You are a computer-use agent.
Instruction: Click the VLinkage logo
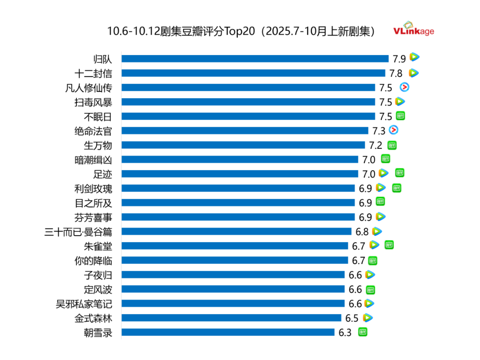(413, 29)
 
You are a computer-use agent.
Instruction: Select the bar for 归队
(255, 59)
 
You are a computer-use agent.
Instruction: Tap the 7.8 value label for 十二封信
(396, 73)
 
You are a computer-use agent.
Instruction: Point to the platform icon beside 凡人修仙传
(404, 87)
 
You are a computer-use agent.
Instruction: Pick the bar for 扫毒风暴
(248, 102)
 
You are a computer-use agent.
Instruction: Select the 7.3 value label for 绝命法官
(379, 131)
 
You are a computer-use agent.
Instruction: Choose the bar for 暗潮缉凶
(240, 160)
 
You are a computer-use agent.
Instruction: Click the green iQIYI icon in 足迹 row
(400, 173)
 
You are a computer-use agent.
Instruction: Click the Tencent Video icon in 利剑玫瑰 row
(381, 188)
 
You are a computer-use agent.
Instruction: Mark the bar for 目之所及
(238, 203)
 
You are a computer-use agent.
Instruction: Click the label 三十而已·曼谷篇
(79, 232)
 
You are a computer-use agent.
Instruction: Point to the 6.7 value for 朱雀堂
(359, 246)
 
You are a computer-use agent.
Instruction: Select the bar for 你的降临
(235, 260)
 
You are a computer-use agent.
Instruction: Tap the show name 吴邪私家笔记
(84, 304)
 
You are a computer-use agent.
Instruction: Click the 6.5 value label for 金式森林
(352, 318)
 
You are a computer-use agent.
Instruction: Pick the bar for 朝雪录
(228, 332)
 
